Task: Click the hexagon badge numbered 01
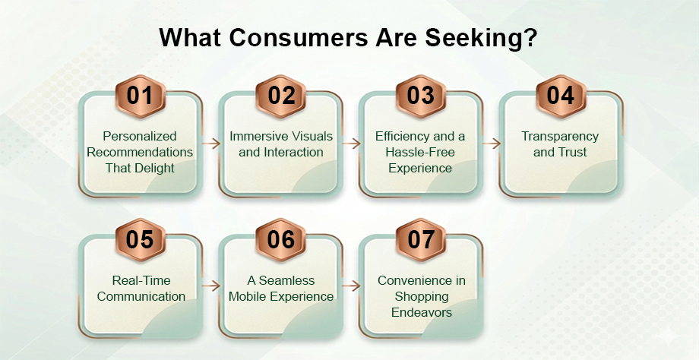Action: [x=141, y=96]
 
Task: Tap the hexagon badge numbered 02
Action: [x=281, y=96]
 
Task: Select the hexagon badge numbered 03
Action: [x=421, y=96]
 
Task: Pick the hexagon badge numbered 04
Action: [x=561, y=96]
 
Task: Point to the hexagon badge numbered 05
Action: [x=141, y=240]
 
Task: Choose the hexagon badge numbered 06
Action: [x=281, y=240]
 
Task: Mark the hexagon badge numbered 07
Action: [x=421, y=240]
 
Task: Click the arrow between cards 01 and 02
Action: [x=211, y=144]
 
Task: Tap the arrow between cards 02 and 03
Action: [x=351, y=144]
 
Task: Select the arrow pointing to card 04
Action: [x=492, y=144]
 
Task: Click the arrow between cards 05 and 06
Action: [x=211, y=286]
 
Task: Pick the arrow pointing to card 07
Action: [x=351, y=286]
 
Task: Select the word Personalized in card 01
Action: [x=140, y=136]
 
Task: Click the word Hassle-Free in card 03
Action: [x=420, y=152]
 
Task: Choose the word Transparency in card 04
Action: [x=560, y=137]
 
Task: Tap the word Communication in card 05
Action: [x=141, y=296]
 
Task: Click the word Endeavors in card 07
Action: [x=422, y=312]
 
